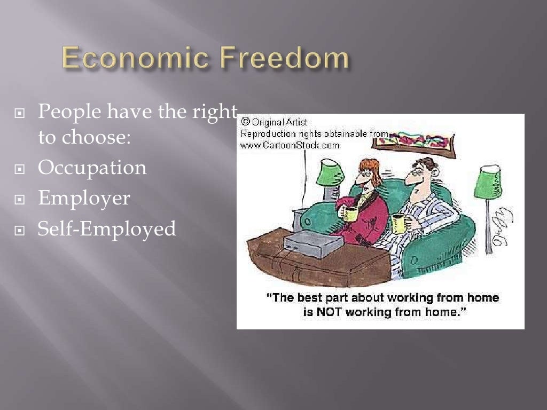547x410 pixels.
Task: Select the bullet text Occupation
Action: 92,168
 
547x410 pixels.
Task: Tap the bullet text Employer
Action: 84,198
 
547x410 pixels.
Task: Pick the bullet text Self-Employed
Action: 107,229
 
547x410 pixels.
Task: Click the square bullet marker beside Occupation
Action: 20,169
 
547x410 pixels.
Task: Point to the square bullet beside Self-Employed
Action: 20,230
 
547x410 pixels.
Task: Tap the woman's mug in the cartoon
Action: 350,214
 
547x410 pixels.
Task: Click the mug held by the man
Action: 399,223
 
